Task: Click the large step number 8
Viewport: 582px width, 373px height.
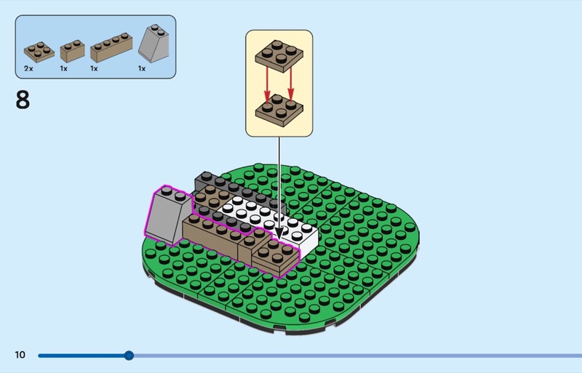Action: click(23, 100)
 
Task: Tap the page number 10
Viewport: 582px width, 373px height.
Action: click(20, 355)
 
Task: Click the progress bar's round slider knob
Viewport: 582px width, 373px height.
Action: click(129, 356)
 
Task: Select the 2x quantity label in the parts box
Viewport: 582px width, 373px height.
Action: click(28, 68)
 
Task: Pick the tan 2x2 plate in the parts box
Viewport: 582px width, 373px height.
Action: click(39, 51)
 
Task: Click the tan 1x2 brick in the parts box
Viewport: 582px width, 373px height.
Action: click(72, 50)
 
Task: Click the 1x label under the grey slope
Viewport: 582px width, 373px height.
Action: click(142, 68)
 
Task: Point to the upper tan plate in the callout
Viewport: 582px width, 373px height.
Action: click(279, 55)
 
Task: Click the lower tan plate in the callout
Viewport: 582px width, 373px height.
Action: click(279, 113)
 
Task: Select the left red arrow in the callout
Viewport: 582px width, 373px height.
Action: click(267, 86)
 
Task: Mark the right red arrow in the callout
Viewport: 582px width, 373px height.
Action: click(291, 86)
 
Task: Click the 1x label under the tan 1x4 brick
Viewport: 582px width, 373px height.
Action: click(94, 68)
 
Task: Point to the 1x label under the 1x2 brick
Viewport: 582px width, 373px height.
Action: click(63, 68)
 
